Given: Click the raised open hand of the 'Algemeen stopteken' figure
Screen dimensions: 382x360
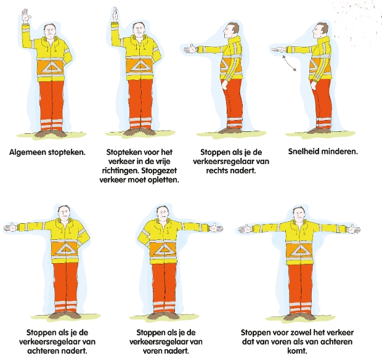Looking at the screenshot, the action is click(x=26, y=16).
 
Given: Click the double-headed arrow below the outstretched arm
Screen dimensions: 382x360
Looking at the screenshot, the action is click(x=289, y=63).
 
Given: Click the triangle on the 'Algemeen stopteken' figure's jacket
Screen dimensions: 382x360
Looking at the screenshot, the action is click(x=52, y=67).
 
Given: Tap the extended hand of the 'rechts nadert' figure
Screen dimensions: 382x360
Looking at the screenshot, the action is click(x=190, y=49).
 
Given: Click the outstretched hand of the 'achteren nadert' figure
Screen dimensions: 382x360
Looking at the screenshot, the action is click(x=10, y=227).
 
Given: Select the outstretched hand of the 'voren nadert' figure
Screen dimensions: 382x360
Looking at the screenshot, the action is click(x=216, y=227).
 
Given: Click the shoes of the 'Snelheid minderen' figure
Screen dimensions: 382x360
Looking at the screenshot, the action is click(x=319, y=131).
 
